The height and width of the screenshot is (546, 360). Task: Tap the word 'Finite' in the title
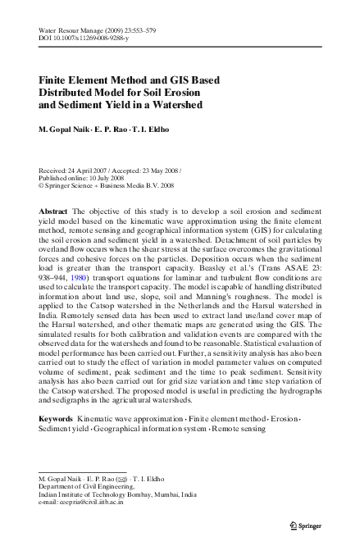point(57,80)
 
